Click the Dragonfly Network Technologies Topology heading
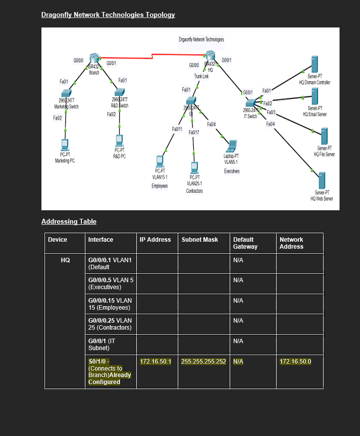[x=108, y=15]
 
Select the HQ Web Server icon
[x=322, y=180]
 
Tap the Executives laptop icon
[x=231, y=146]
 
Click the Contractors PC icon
[x=195, y=167]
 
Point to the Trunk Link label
[x=202, y=76]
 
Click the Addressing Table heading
[x=69, y=221]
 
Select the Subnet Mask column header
[x=200, y=240]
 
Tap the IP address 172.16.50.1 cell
[x=156, y=361]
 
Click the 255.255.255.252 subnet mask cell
[x=204, y=361]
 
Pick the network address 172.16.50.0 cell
[x=295, y=361]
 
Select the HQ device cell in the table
[x=65, y=260]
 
